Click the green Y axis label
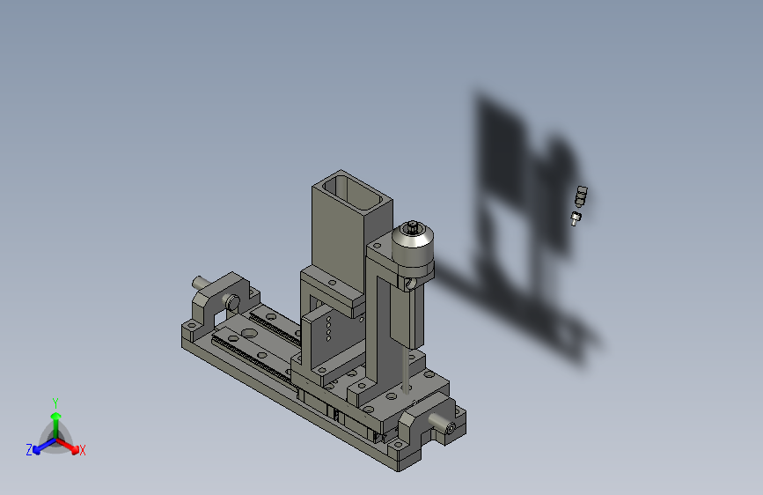tap(55, 403)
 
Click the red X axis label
tap(82, 450)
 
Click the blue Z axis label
tap(29, 450)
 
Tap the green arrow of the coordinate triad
tap(56, 425)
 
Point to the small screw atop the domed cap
tap(413, 226)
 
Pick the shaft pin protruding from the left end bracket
tap(200, 283)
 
